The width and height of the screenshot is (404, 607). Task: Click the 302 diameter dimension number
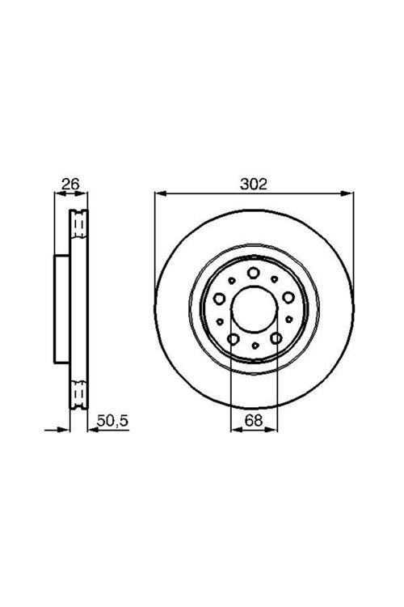(x=255, y=185)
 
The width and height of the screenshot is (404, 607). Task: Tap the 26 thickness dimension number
(x=71, y=185)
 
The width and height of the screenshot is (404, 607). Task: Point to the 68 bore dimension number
(x=255, y=420)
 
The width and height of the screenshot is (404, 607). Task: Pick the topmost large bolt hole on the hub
(x=254, y=273)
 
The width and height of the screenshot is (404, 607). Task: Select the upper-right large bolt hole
(x=288, y=298)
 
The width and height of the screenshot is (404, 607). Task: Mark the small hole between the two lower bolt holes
(x=255, y=346)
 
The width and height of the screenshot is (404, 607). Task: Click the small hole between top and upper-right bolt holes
(x=276, y=281)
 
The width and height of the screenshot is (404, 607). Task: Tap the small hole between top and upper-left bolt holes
(x=233, y=281)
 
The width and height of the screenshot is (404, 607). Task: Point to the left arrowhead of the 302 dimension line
(x=158, y=194)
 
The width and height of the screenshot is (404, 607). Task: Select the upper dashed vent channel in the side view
(x=79, y=223)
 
